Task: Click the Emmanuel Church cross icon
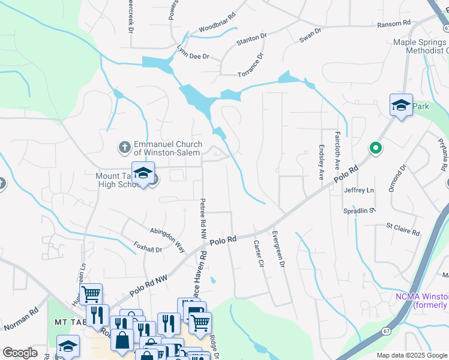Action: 124,147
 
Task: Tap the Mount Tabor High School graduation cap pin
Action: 142,173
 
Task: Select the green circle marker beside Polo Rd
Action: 376,148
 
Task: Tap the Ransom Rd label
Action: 393,23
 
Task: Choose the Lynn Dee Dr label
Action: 192,53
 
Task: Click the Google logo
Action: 20,353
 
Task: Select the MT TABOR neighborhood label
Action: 67,322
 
